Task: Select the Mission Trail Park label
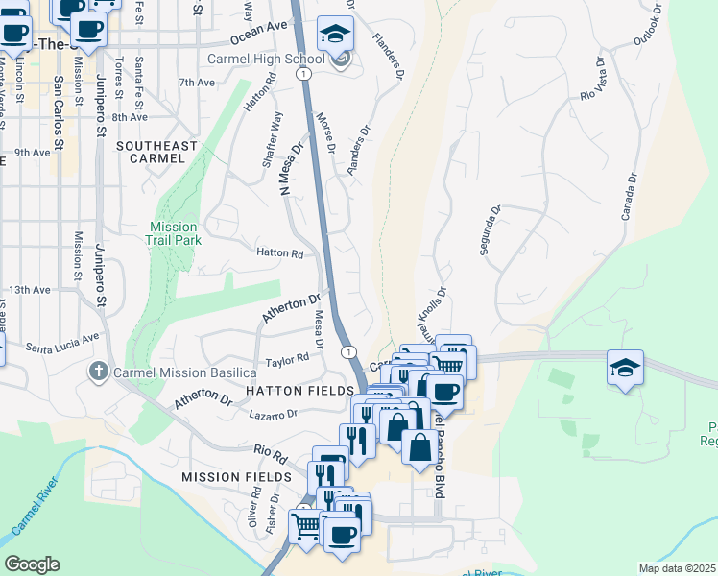174,233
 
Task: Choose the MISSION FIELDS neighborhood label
237,477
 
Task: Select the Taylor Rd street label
287,360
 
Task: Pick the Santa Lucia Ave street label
62,341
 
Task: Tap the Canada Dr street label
629,197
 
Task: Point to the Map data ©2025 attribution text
677,568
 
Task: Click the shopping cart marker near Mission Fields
305,527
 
